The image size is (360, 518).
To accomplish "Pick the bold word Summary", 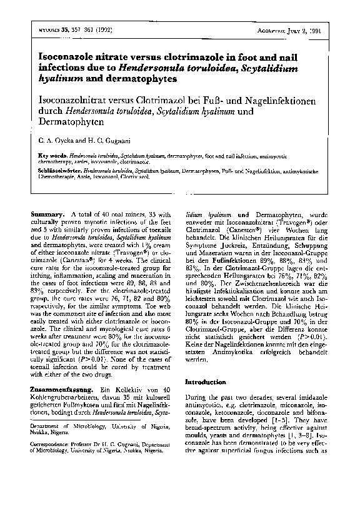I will tap(47, 215).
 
